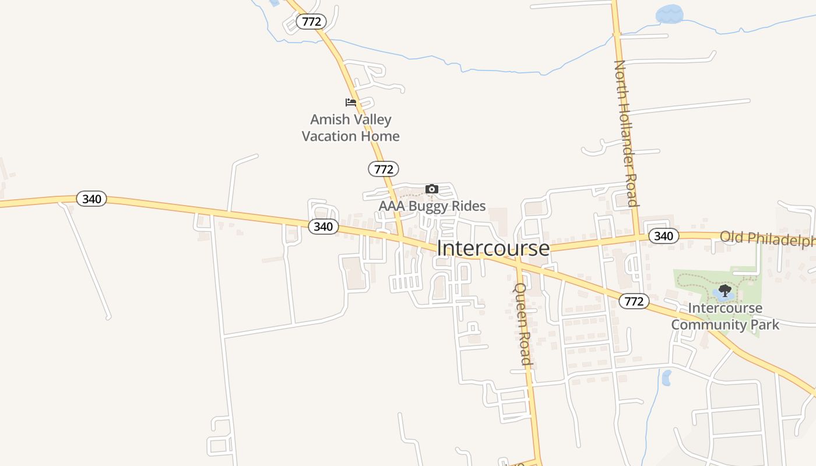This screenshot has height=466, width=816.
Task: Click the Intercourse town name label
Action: tap(493, 248)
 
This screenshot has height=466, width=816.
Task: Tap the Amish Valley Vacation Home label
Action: tap(350, 128)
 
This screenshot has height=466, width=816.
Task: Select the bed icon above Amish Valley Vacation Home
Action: tap(350, 103)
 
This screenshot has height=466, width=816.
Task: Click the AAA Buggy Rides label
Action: tap(432, 206)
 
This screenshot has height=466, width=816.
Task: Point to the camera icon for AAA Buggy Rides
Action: tap(431, 189)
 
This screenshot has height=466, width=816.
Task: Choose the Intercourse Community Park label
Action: tap(724, 316)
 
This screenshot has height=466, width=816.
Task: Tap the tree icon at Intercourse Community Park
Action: tap(724, 290)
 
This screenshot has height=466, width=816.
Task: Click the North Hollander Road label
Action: tap(626, 133)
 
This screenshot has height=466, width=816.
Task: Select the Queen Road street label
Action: tap(522, 324)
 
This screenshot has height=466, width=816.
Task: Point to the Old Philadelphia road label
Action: tap(767, 238)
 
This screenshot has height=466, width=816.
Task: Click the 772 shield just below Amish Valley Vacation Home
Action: tap(384, 169)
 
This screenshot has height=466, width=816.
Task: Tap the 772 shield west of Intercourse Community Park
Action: tap(634, 301)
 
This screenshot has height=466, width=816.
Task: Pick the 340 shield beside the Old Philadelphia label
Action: tap(663, 236)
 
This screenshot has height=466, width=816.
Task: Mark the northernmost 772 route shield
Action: tap(311, 22)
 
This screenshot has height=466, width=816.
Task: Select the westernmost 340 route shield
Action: tap(92, 199)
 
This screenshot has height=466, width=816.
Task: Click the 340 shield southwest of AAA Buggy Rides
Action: tap(323, 227)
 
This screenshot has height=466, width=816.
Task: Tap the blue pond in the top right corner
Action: tap(669, 14)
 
